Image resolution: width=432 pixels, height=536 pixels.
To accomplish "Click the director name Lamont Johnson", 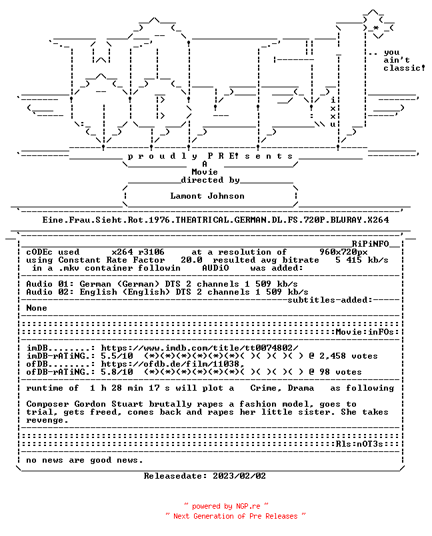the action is point(207,196).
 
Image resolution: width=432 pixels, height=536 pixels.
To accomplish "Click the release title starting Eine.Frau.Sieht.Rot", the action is point(215,220).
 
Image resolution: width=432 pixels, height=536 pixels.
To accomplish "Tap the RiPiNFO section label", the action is point(371,244).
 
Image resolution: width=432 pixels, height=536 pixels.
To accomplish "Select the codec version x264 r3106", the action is point(138,252).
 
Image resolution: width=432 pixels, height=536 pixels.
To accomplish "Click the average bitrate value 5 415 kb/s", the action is point(362,260).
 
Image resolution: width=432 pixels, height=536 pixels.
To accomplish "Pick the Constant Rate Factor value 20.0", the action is point(191,260).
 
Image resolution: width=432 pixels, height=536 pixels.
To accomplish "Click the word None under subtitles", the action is point(37,308).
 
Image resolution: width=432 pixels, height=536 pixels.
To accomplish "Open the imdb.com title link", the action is point(199,348).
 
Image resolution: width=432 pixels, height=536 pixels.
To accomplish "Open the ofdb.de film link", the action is point(173,364).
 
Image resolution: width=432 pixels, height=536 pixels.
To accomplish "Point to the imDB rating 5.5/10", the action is point(117,356).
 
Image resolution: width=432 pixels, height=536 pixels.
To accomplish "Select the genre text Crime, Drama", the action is point(282,388).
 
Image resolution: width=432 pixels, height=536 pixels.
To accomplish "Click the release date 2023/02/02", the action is point(239,476).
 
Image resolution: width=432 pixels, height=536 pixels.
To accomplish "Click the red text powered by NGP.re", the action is point(226,506).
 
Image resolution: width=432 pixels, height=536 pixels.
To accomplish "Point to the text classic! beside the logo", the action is point(404,68).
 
